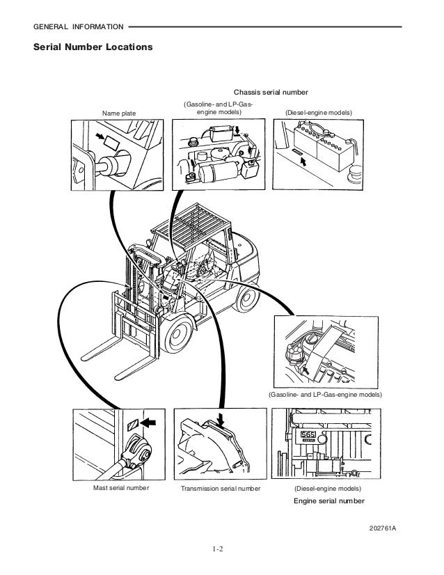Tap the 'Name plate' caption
[120, 112]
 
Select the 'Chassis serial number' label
[271, 92]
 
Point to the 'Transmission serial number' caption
[220, 489]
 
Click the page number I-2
[222, 556]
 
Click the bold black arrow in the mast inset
[148, 422]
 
